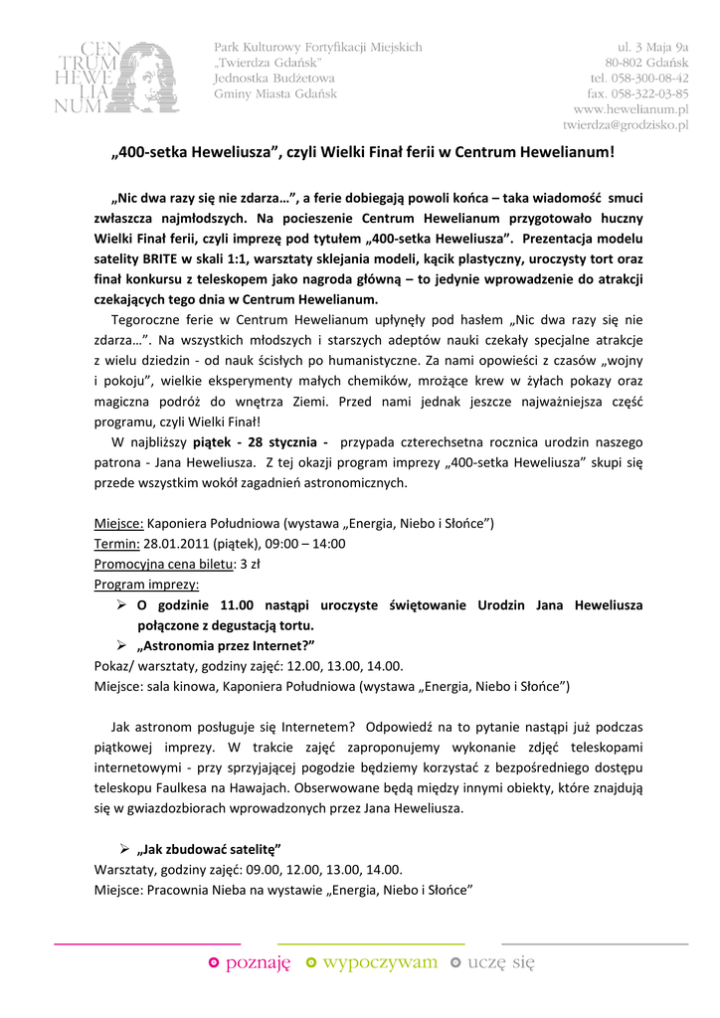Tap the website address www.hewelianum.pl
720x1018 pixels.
tap(630, 108)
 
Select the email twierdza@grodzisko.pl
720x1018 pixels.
tap(626, 125)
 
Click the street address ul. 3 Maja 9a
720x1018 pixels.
tap(652, 46)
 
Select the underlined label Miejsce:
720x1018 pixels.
tap(119, 524)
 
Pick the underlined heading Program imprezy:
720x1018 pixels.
tap(146, 585)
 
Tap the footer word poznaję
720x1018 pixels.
tap(258, 962)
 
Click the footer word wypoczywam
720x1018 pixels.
tap(380, 962)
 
